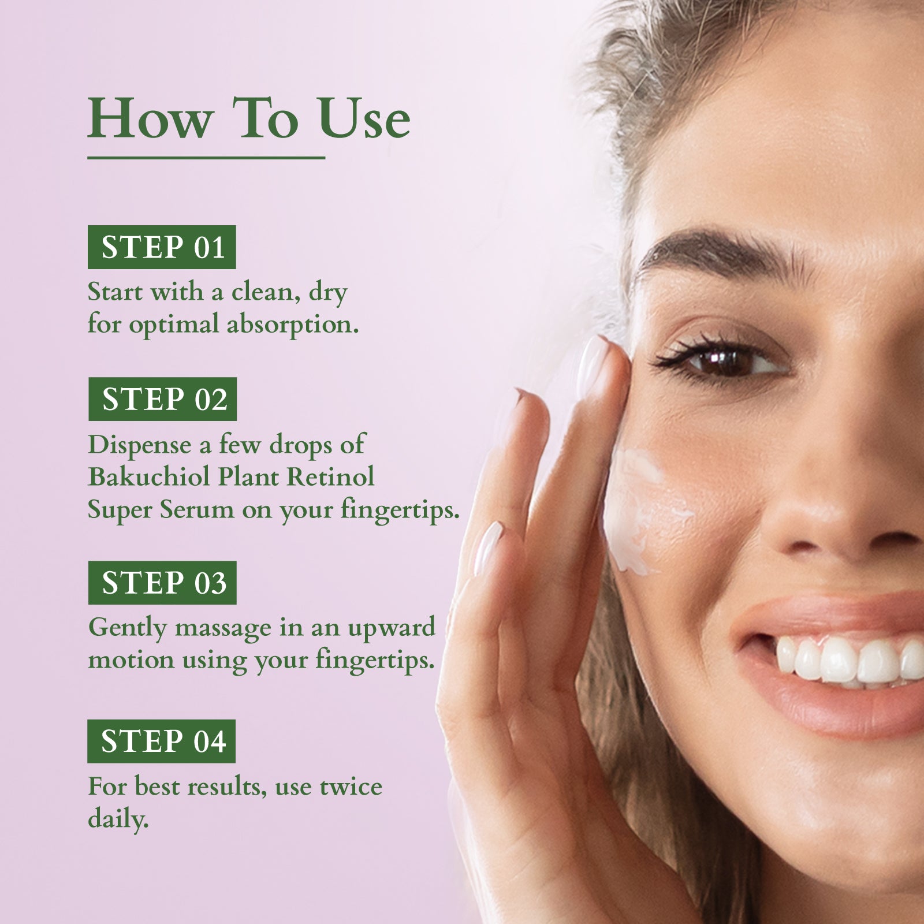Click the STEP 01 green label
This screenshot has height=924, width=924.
point(162,247)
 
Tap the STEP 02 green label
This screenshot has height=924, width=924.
point(163,399)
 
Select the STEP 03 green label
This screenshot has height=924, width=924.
point(162,583)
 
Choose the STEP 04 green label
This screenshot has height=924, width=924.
point(162,741)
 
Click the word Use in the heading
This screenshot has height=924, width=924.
point(364,120)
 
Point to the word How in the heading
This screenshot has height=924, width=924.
point(149,120)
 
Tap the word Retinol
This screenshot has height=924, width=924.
point(331,477)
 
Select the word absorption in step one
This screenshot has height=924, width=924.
point(292,325)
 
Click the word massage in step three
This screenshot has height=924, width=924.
point(222,628)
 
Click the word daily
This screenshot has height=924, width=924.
point(118,819)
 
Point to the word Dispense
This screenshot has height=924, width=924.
point(139,445)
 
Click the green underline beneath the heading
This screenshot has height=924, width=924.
point(206,157)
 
